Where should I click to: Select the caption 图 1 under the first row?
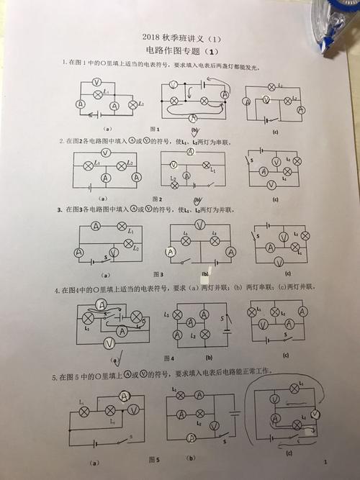point(153,128)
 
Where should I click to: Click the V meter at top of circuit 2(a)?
point(105,153)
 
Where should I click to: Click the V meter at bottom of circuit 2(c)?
point(271,185)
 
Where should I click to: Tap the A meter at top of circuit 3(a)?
point(96,225)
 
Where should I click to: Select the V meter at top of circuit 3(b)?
point(199,225)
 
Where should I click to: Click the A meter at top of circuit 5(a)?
point(125,396)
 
